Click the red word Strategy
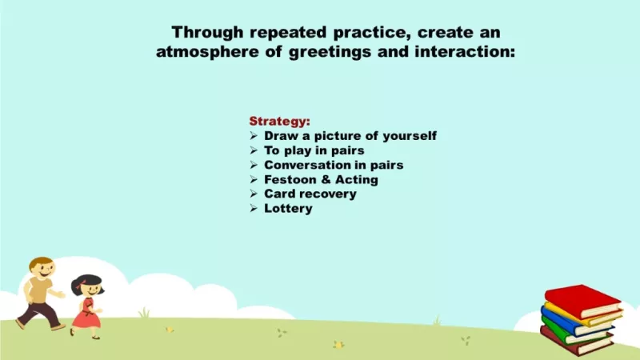[279, 122]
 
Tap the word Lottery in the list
[288, 208]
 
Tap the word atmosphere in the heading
[207, 52]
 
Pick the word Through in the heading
[207, 32]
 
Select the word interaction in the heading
[465, 52]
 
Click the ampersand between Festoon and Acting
[326, 179]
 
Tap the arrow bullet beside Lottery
[254, 209]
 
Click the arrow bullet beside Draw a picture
[254, 136]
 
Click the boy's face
[44, 269]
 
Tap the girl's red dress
[86, 314]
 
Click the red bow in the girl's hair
[79, 285]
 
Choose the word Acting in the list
[356, 179]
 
